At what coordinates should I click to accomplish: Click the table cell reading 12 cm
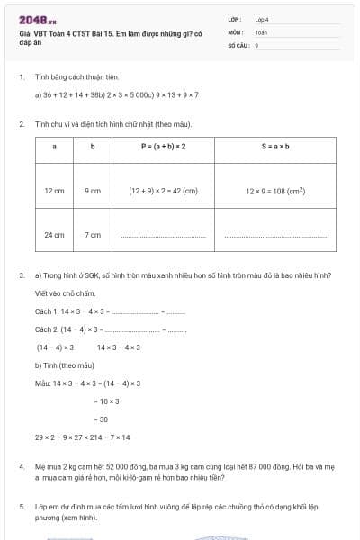(54, 191)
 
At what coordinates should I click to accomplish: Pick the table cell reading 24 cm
(54, 235)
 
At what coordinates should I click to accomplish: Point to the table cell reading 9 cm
(93, 191)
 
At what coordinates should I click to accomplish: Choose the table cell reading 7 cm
(93, 235)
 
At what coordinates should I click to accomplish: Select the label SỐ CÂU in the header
(238, 44)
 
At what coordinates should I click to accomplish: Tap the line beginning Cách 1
(108, 310)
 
